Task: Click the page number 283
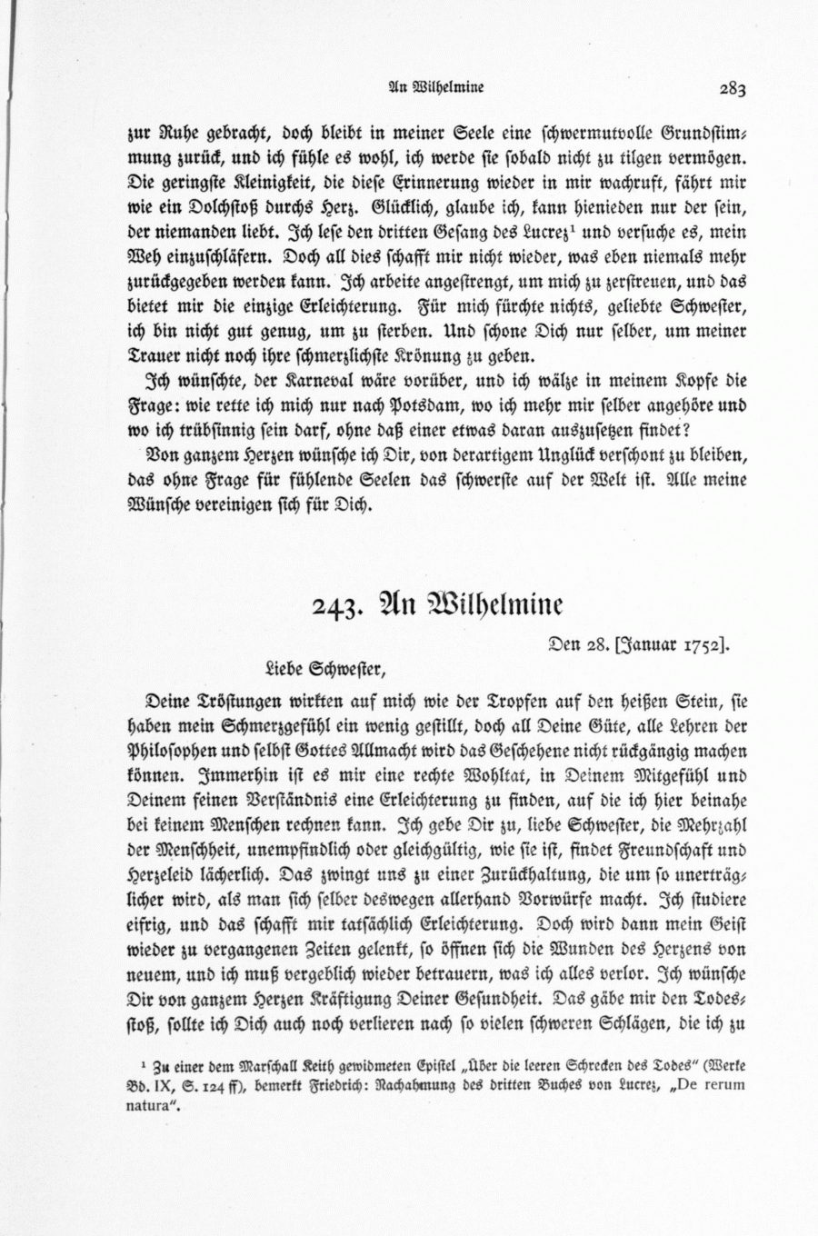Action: pyautogui.click(x=732, y=88)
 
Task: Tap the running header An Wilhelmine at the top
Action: pyautogui.click(x=434, y=88)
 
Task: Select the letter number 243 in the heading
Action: pyautogui.click(x=334, y=606)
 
